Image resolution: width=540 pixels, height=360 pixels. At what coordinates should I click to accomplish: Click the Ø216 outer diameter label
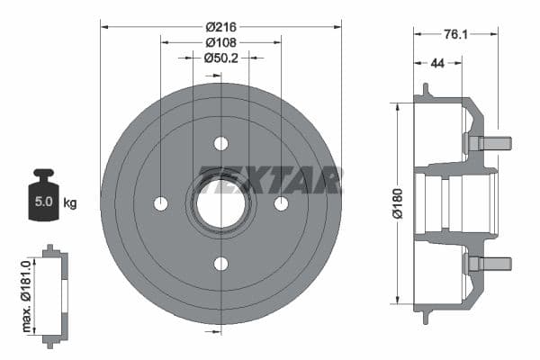click(x=221, y=27)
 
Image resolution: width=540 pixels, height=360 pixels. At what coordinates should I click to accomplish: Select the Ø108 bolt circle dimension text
click(x=221, y=42)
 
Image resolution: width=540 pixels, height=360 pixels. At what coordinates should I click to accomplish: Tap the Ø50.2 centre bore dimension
click(x=221, y=58)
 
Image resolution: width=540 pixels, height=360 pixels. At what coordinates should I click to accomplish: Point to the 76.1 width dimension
click(x=455, y=34)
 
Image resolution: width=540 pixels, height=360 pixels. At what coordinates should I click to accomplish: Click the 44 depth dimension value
click(x=437, y=63)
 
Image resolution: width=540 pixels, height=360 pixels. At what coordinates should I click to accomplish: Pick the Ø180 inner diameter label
click(x=398, y=203)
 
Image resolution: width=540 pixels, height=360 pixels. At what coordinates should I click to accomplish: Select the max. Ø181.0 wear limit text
click(x=26, y=296)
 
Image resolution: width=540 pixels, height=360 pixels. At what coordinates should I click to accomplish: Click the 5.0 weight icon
click(x=44, y=194)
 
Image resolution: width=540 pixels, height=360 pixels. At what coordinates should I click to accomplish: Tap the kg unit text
click(x=70, y=202)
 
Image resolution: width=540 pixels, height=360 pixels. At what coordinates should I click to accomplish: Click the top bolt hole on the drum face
click(x=221, y=143)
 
